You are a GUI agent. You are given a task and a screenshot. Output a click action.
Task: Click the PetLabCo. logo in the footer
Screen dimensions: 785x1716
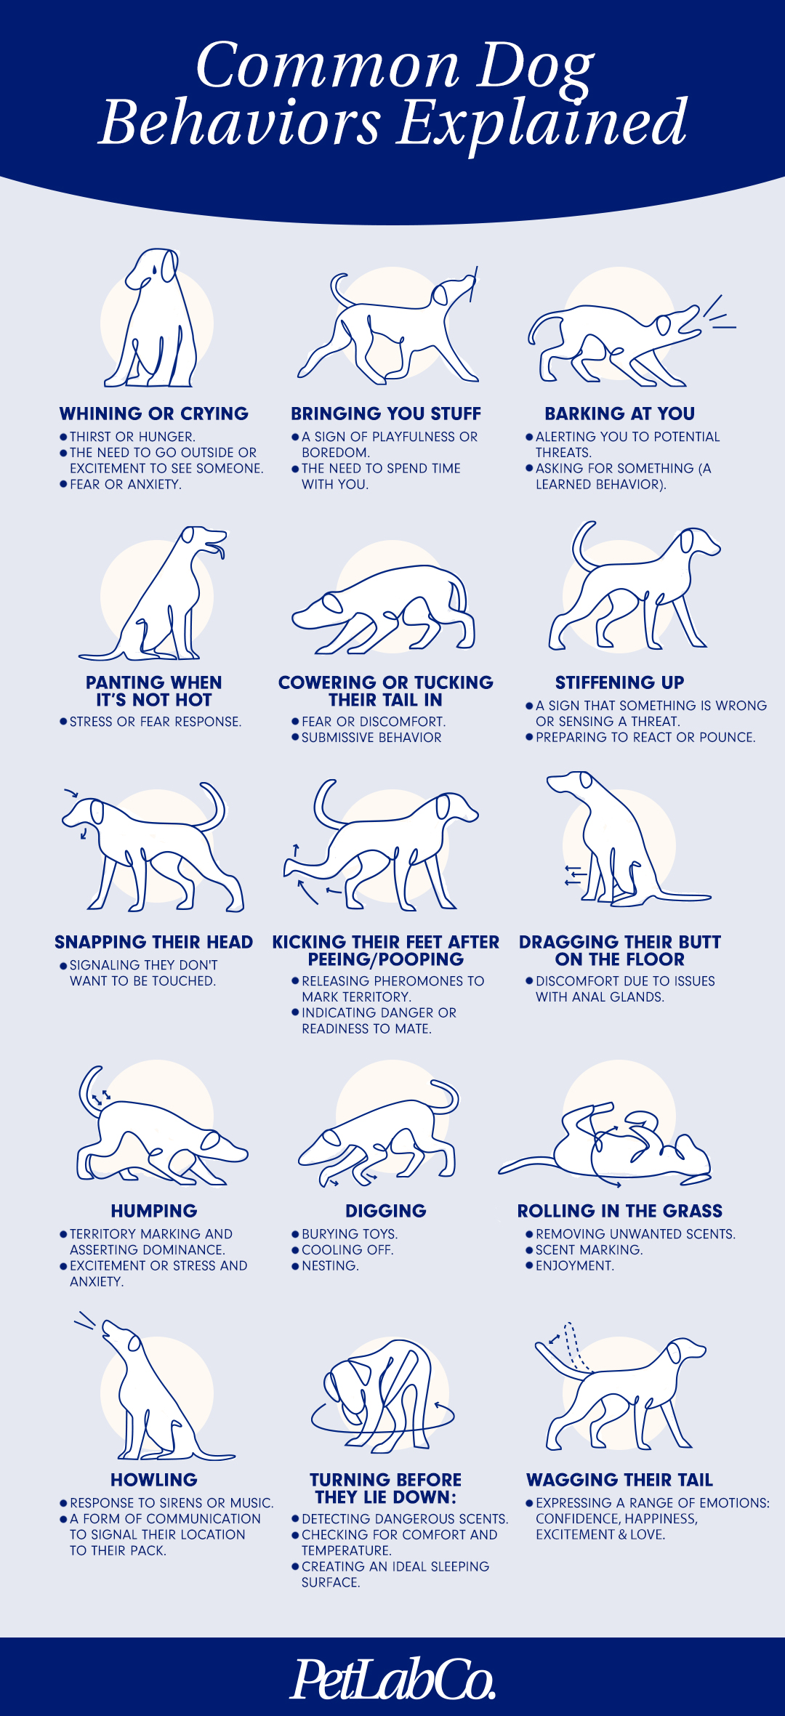393,1679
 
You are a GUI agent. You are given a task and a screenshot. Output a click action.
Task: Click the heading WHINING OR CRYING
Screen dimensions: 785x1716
154,414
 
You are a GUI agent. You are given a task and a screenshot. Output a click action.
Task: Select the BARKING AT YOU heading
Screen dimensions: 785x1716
620,414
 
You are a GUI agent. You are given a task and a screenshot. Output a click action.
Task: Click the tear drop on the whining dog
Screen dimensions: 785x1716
153,268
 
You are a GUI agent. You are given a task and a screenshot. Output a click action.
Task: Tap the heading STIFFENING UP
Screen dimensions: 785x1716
620,682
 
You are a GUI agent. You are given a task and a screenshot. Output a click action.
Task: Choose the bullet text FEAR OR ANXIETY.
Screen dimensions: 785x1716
125,484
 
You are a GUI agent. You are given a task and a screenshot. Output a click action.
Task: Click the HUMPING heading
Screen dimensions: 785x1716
154,1211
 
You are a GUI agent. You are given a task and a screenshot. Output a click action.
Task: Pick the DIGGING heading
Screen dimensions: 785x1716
386,1211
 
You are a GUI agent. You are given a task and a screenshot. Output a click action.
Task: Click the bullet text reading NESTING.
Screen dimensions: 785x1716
330,1265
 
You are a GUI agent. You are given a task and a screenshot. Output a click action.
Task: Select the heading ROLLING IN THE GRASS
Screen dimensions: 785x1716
620,1211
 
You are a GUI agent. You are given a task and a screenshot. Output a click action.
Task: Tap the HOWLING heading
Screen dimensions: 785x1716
154,1480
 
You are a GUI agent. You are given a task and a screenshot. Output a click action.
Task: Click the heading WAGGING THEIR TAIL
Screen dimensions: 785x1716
620,1480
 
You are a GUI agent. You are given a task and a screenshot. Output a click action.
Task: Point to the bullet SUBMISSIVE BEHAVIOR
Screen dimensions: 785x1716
371,737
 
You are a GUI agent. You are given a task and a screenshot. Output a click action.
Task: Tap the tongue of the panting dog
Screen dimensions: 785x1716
220,551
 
